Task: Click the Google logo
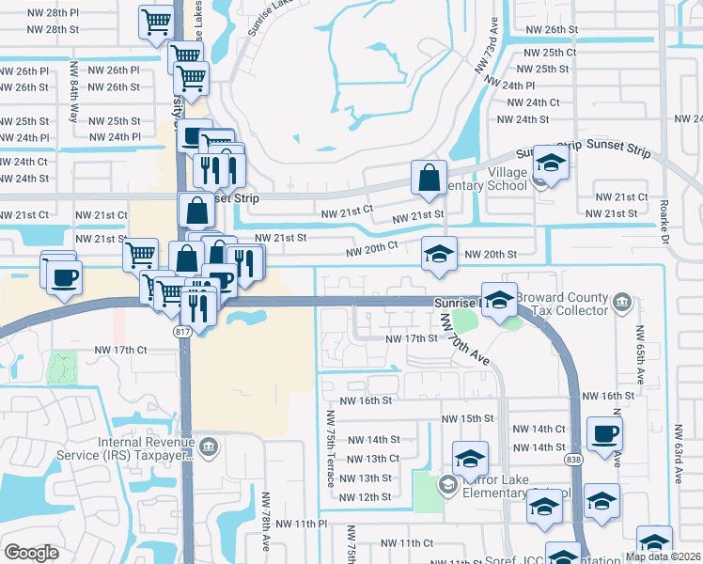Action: click(31, 552)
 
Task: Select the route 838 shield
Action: click(573, 460)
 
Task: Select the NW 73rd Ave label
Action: click(486, 52)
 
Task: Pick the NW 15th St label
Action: click(467, 418)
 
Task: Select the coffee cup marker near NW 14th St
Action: click(604, 433)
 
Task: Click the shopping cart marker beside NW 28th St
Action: click(157, 22)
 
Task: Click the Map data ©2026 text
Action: click(663, 556)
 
